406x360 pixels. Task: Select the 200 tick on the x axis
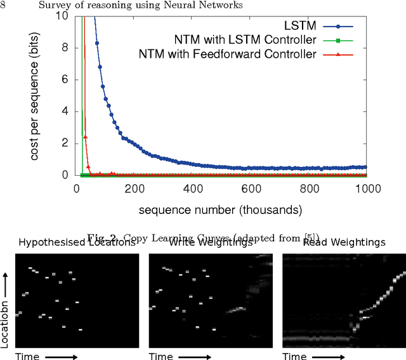tap(134, 189)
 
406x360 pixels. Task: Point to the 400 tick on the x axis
tap(193, 189)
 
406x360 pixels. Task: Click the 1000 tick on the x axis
tap(367, 189)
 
